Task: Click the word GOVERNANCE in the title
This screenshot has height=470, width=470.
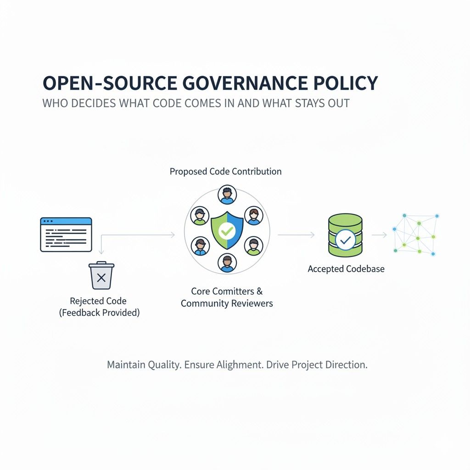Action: [245, 83]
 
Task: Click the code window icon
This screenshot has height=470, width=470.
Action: [66, 235]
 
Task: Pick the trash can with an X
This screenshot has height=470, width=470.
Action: [101, 275]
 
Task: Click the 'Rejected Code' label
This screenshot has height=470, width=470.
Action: [98, 301]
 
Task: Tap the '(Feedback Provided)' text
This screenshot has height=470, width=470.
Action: [99, 313]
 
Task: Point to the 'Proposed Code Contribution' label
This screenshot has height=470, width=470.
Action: [225, 172]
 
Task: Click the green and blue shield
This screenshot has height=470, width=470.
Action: [227, 230]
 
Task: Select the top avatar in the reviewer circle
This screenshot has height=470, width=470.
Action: [227, 195]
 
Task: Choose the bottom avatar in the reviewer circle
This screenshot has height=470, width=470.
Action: [227, 263]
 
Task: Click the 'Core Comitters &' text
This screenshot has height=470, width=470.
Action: [227, 291]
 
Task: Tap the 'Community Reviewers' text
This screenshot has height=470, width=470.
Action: [227, 303]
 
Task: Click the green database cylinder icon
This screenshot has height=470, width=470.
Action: [345, 235]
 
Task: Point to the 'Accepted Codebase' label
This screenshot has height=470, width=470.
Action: [346, 269]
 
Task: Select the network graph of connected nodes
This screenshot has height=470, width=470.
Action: [416, 235]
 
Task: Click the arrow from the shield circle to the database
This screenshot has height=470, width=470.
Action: [296, 235]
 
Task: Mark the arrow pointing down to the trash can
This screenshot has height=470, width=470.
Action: [101, 245]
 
